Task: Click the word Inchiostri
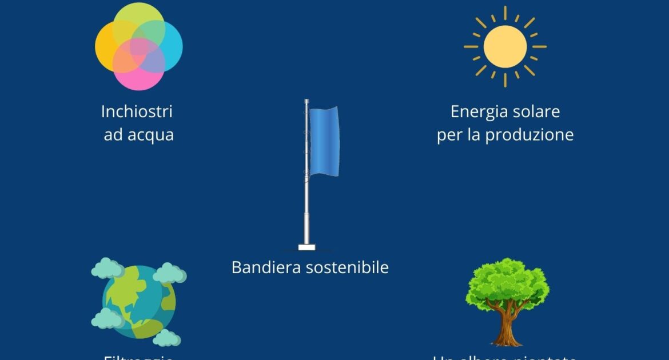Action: tap(137, 111)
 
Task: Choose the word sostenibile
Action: tap(348, 267)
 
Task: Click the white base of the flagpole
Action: tap(306, 247)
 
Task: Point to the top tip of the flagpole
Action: tap(306, 101)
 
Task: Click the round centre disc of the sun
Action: tap(505, 46)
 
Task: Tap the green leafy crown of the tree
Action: tap(507, 283)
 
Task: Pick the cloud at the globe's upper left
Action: tap(107, 268)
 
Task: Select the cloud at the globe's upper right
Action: tap(170, 273)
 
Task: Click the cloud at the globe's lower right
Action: tap(166, 338)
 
